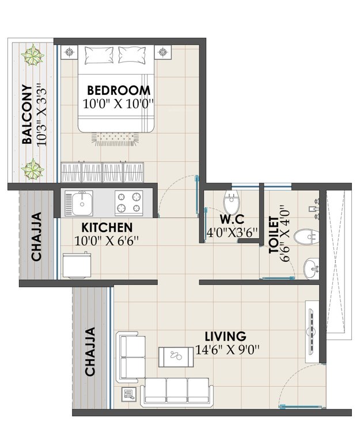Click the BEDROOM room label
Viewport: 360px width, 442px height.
(x=119, y=90)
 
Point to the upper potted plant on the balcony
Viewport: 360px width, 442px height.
(x=32, y=56)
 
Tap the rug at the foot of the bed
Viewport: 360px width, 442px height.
(x=115, y=137)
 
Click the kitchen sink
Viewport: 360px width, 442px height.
(x=82, y=203)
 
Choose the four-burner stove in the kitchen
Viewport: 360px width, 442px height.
(x=129, y=202)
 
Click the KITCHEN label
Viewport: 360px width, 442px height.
(x=107, y=227)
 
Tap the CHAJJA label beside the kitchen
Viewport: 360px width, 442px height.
(x=36, y=237)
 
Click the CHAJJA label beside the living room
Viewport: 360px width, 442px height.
(x=90, y=352)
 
